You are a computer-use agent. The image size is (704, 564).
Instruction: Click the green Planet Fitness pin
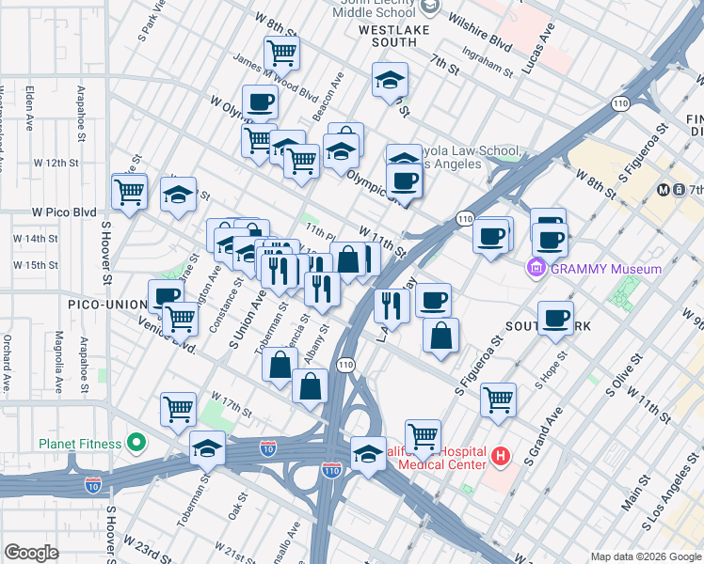tap(136, 443)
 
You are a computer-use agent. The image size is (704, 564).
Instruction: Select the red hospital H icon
tap(501, 458)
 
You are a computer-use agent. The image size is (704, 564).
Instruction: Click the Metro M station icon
tap(664, 189)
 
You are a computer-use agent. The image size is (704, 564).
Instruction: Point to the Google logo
tap(31, 553)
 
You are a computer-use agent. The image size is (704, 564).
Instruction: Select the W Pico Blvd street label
tap(65, 212)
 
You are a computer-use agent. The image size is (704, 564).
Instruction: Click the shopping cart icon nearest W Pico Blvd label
tap(129, 190)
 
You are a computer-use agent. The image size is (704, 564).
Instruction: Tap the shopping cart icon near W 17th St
tap(178, 409)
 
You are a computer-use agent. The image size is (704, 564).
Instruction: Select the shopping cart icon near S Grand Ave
tap(498, 399)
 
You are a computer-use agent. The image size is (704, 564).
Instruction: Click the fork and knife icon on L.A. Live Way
tap(391, 305)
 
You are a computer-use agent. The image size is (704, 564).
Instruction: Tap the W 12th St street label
tap(74, 163)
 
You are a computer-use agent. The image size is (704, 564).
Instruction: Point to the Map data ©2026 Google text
tap(646, 556)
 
